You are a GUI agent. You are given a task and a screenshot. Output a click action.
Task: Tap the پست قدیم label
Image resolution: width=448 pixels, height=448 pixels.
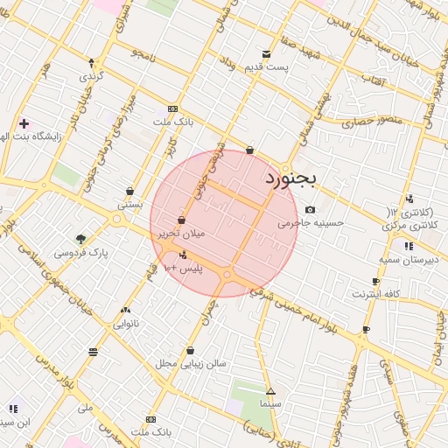(x=267, y=67)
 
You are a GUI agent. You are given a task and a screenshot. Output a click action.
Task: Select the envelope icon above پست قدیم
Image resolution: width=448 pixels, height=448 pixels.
(x=267, y=53)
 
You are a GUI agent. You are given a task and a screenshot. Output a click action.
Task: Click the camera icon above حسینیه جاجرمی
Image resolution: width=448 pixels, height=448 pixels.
(x=311, y=209)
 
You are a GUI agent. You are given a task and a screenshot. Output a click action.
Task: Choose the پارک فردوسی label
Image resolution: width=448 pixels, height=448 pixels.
(x=80, y=253)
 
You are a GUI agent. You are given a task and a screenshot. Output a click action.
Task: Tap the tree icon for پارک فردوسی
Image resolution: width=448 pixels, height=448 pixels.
(x=80, y=238)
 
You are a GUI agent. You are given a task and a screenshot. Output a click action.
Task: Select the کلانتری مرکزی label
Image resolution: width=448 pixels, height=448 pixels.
(x=410, y=227)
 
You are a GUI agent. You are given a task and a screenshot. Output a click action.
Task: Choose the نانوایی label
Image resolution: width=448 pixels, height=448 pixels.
(x=125, y=323)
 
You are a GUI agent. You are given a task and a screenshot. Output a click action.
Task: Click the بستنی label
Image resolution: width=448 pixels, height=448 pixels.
(x=130, y=204)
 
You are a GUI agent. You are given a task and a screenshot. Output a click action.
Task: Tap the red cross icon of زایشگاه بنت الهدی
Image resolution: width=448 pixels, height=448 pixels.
(x=24, y=123)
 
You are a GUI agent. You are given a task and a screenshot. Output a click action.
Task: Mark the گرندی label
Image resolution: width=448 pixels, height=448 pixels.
(x=92, y=76)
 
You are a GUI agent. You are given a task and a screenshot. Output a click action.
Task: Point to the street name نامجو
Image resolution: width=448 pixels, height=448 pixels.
(x=143, y=54)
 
